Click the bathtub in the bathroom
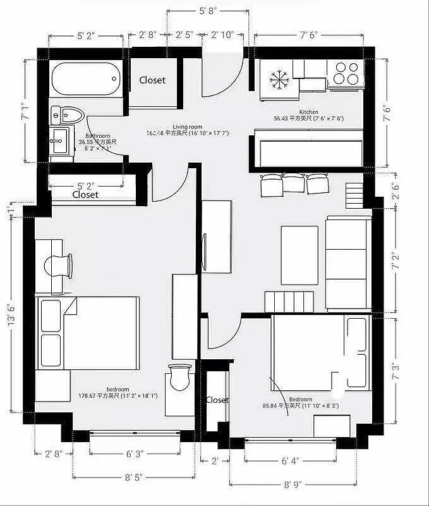click(85, 79)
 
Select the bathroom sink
click(59, 137)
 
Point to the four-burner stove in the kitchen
click(346, 73)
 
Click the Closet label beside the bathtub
click(152, 80)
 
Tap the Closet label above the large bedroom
click(85, 195)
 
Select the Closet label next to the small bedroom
click(217, 400)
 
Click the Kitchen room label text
click(308, 112)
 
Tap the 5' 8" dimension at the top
click(207, 11)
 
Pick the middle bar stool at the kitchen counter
click(294, 183)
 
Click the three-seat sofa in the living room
click(347, 262)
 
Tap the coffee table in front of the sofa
click(299, 255)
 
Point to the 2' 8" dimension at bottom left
click(53, 454)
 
